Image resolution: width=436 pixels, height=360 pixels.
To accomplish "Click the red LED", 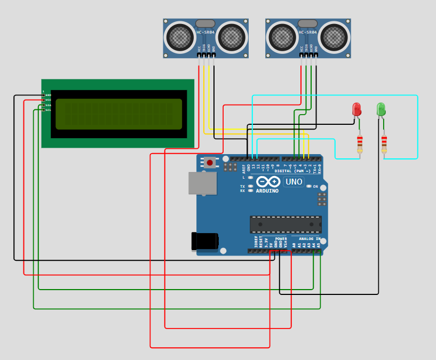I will click(x=356, y=109).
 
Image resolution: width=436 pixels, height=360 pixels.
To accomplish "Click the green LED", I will click(x=380, y=109).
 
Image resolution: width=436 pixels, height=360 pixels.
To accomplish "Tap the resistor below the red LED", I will click(x=360, y=142).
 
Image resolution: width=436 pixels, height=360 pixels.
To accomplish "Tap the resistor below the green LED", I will click(x=384, y=142).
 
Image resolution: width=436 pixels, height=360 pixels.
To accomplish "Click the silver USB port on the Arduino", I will click(x=203, y=183).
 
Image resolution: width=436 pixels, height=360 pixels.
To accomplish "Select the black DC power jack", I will click(x=204, y=241).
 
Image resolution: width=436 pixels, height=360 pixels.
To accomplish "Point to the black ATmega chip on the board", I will click(x=286, y=225).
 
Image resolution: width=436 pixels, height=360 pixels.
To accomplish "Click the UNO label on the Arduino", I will click(x=294, y=182).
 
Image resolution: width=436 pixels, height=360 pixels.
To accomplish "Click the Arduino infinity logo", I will click(x=268, y=182).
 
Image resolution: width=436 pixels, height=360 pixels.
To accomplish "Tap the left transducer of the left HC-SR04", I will click(x=180, y=37).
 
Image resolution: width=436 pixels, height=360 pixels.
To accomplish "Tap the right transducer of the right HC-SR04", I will click(x=334, y=37).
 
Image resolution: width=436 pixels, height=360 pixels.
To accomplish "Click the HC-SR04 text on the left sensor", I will click(x=205, y=33).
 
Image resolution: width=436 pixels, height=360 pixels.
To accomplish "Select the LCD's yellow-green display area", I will click(x=118, y=114).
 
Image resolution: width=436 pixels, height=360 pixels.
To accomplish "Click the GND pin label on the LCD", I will click(x=48, y=95).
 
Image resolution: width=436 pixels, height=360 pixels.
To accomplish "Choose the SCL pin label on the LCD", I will click(x=48, y=110).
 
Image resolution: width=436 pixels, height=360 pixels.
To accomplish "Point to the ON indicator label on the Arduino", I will click(x=315, y=187).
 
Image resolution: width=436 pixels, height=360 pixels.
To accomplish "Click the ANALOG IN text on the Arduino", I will click(x=310, y=239).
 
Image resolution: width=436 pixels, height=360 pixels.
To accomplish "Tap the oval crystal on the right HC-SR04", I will click(x=307, y=23).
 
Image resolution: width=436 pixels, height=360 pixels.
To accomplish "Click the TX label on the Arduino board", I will click(x=242, y=186).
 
